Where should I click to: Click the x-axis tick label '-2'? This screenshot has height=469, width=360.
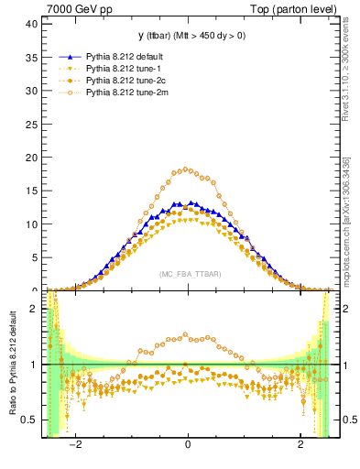[x=79, y=445]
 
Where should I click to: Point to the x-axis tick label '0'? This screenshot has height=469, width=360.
[x=188, y=445]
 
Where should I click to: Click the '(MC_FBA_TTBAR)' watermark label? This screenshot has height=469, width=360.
[x=188, y=274]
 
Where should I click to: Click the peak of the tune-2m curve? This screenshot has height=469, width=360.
[x=186, y=169]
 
